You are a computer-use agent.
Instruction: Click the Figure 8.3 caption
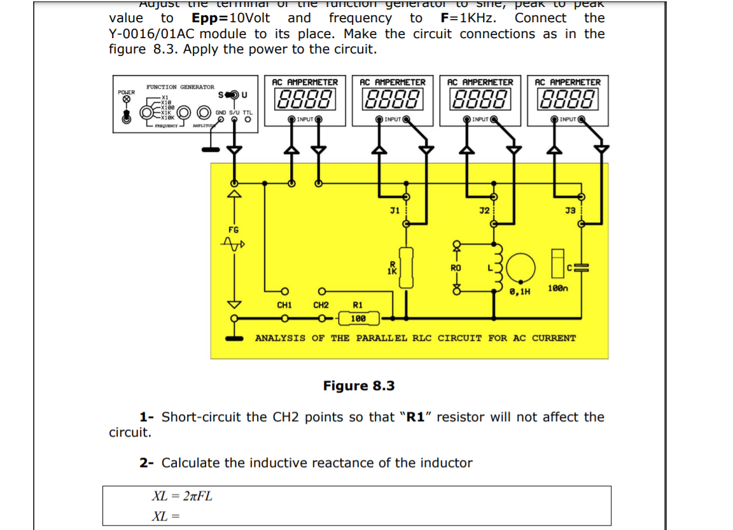[x=359, y=386]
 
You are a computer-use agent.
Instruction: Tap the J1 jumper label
[x=394, y=210]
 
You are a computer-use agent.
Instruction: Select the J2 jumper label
[x=484, y=210]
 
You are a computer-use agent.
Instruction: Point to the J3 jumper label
[x=570, y=210]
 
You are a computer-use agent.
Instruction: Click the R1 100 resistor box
[x=358, y=318]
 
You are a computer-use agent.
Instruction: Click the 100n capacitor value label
[x=557, y=289]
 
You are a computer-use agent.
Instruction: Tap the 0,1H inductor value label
[x=520, y=291]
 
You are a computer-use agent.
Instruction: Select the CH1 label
[x=284, y=305]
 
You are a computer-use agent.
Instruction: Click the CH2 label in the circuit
[x=321, y=305]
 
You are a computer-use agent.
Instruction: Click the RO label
[x=456, y=268]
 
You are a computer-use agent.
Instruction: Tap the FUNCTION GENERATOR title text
[x=180, y=87]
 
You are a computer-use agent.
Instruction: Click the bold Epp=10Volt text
[x=230, y=18]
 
